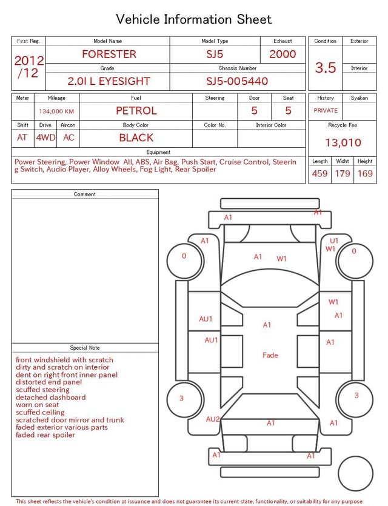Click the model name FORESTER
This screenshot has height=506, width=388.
pyautogui.click(x=109, y=54)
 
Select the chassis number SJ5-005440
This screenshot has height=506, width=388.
pyautogui.click(x=237, y=81)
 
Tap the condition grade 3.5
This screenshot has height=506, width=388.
pyautogui.click(x=326, y=68)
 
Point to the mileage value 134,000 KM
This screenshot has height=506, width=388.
pyautogui.click(x=56, y=112)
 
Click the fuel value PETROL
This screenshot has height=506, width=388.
pyautogui.click(x=136, y=111)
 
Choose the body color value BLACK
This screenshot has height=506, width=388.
pyautogui.click(x=136, y=138)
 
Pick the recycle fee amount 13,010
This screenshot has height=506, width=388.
pyautogui.click(x=343, y=142)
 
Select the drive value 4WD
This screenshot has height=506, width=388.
pyautogui.click(x=45, y=138)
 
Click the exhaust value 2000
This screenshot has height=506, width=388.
pyautogui.click(x=283, y=54)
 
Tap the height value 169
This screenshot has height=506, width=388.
pyautogui.click(x=365, y=173)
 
